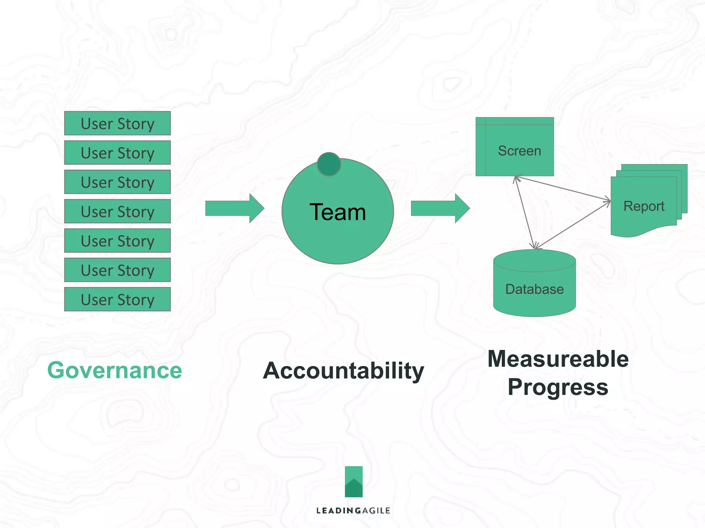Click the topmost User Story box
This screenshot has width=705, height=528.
pos(117,123)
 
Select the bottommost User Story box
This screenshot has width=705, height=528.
pos(117,299)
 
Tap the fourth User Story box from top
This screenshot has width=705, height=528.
pos(117,211)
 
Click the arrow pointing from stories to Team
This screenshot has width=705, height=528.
pos(234,208)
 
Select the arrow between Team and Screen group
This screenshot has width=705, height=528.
pos(440,208)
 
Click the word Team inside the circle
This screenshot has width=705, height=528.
pos(337,212)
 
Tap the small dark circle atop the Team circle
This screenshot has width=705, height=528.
pos(329,164)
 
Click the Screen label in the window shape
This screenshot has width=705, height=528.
pos(519,151)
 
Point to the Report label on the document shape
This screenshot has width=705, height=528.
pos(644,206)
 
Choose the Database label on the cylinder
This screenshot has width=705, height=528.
pos(534,289)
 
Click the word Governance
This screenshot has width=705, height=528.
pos(115,371)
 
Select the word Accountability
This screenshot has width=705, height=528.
pos(343,371)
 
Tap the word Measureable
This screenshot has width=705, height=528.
pos(558,359)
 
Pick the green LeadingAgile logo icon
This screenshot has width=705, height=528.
pos(354,482)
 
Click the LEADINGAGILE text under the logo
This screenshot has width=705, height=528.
pos(354,511)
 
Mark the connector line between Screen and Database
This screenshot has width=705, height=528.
pos(524,212)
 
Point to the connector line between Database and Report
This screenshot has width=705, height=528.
pos(573,225)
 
